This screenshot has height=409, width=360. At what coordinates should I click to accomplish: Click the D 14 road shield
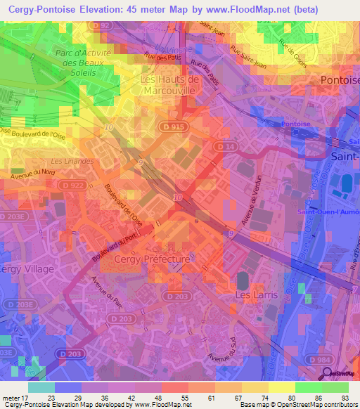[225, 145]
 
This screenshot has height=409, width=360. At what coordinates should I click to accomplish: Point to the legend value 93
[344, 398]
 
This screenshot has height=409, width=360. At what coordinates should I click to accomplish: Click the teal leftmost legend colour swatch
[41, 387]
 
